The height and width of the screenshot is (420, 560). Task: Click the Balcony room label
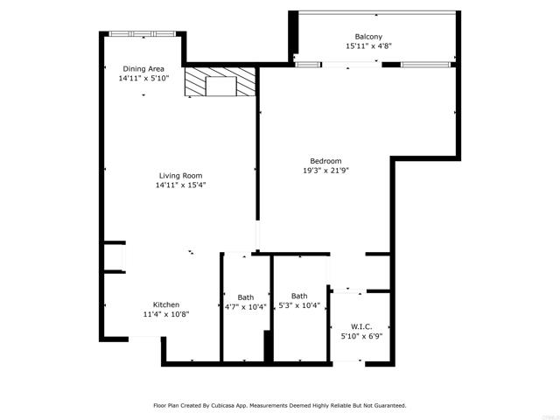[x=367, y=36]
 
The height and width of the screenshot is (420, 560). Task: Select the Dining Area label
[x=143, y=68]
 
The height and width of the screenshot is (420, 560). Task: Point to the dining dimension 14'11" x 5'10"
[x=143, y=78]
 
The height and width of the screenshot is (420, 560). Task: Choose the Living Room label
[x=180, y=175]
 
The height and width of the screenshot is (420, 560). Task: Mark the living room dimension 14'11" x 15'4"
[x=180, y=185]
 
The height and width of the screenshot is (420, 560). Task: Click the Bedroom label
[x=325, y=160]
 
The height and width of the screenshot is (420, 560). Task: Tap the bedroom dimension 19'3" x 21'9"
[x=325, y=170]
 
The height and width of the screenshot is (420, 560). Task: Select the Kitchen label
[x=166, y=304]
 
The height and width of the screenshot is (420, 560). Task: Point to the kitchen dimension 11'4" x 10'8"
[x=166, y=314]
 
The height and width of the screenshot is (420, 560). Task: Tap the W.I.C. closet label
[x=361, y=325]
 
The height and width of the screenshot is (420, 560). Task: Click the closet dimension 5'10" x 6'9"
[x=361, y=335]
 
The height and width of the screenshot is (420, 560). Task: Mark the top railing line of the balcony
[x=376, y=11]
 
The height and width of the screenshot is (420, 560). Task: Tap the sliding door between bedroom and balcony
[x=349, y=63]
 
